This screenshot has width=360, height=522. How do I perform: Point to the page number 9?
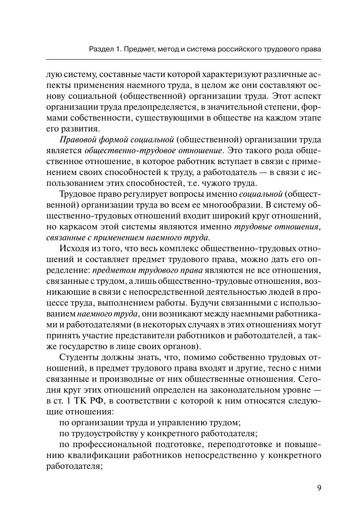[x=319, y=488]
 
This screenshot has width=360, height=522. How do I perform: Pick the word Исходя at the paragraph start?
[x=72, y=249]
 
